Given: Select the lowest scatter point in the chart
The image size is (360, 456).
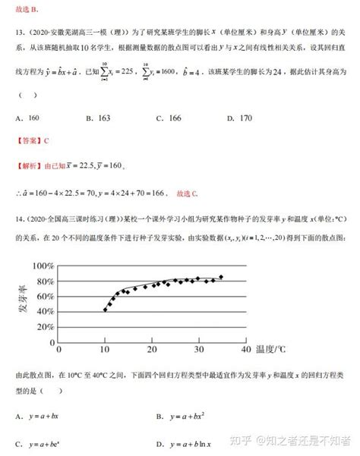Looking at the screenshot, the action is point(105,310).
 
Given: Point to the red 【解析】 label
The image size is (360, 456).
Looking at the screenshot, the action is point(29,166).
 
